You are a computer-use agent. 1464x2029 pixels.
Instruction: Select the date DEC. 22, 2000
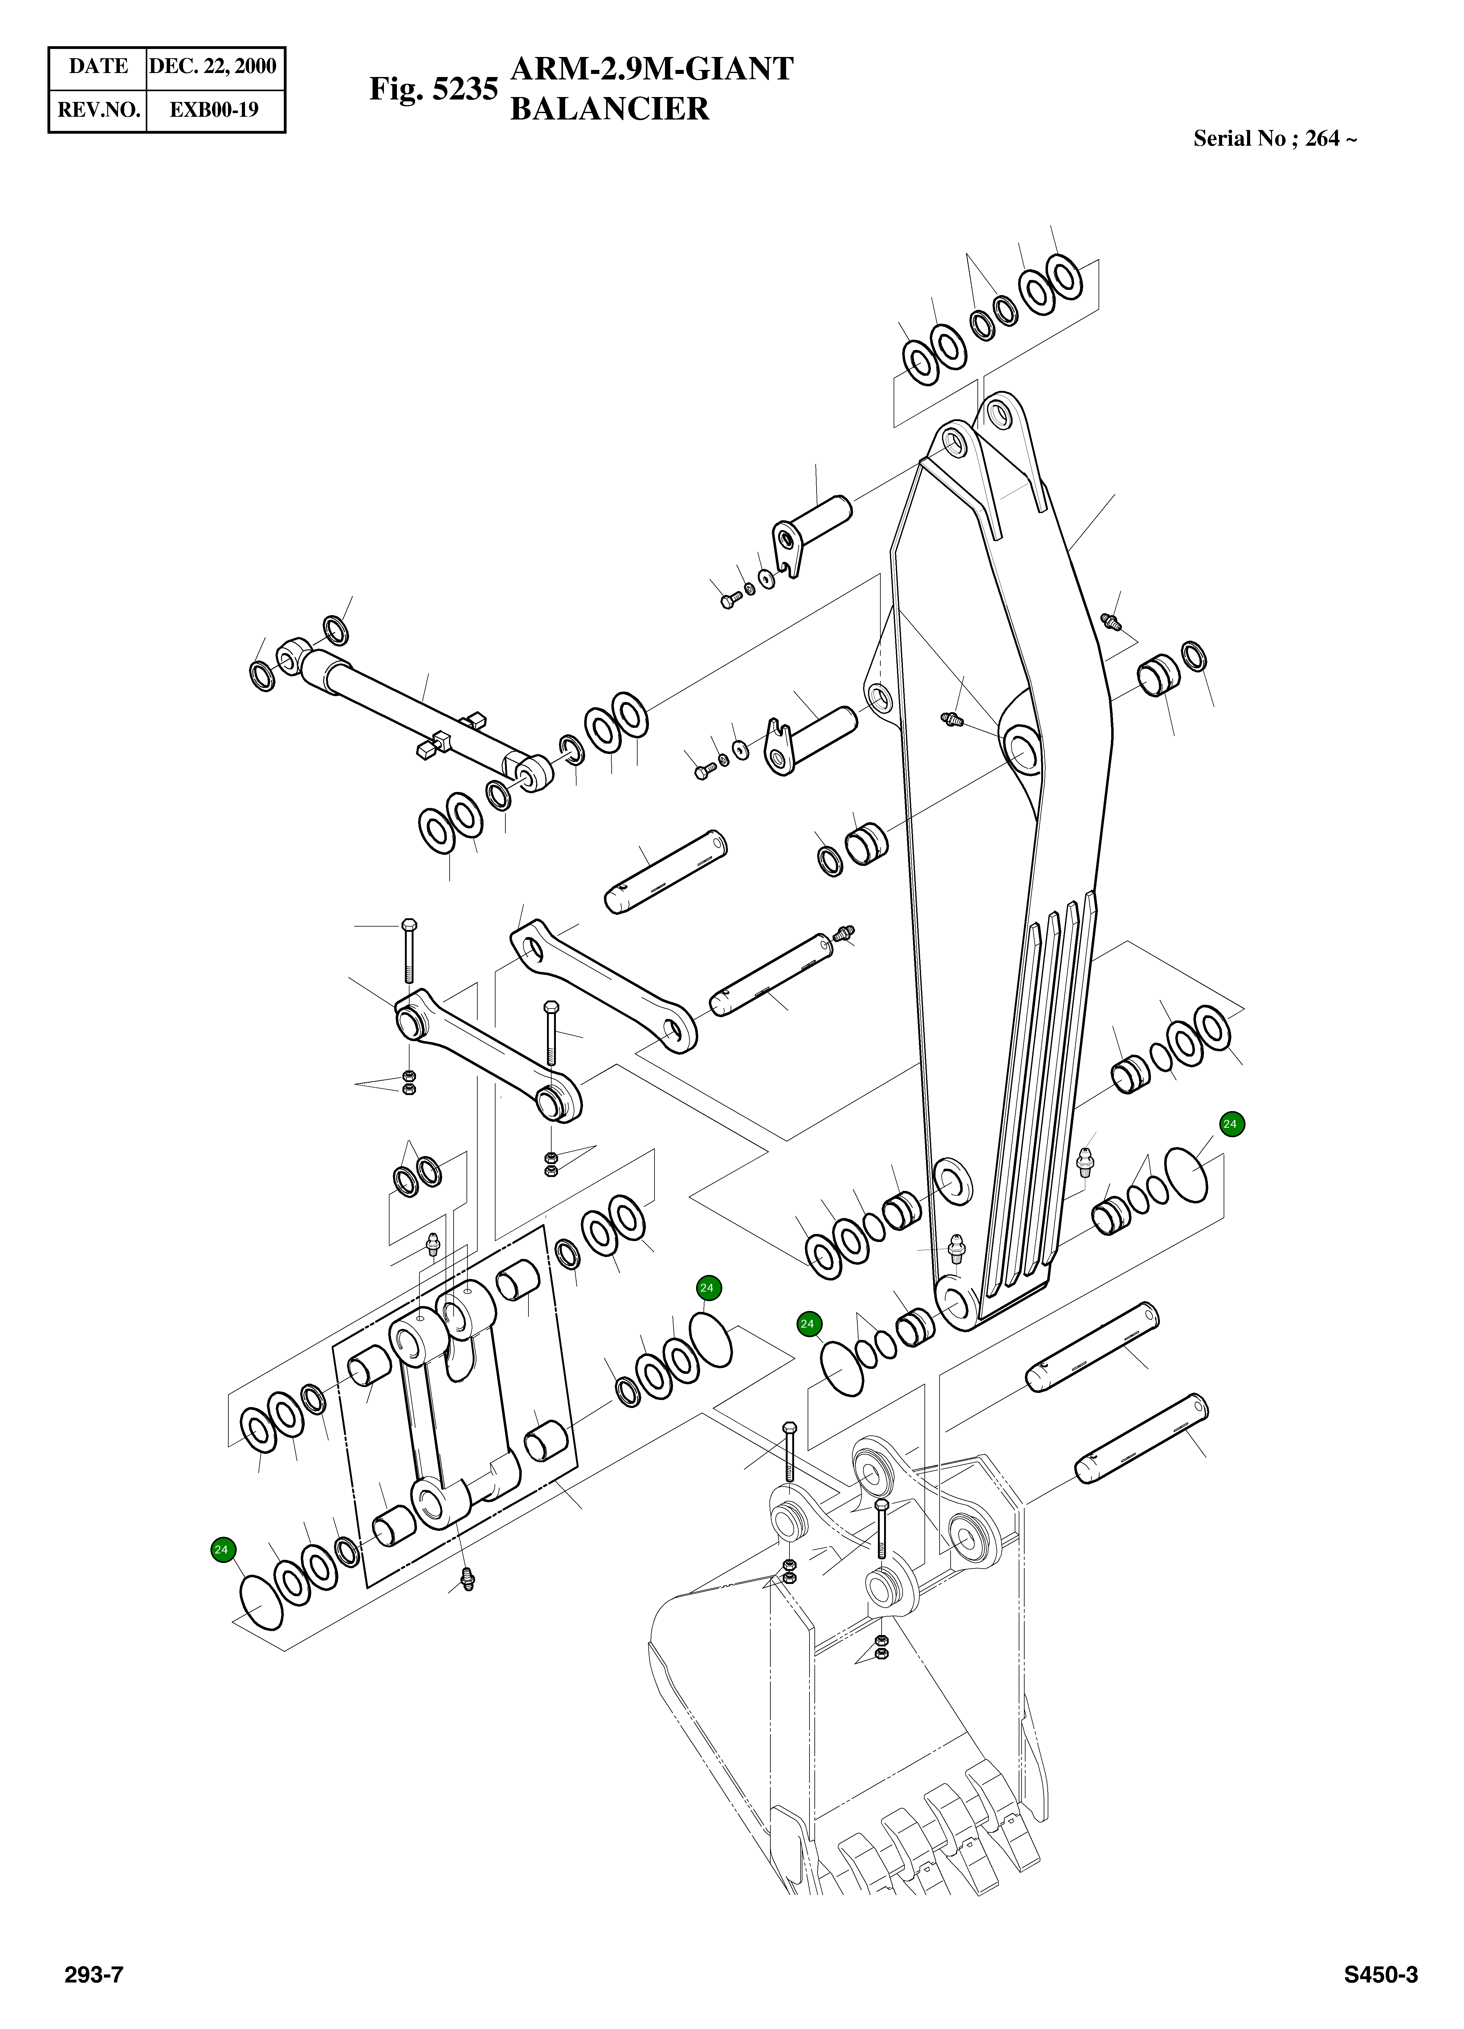tap(213, 66)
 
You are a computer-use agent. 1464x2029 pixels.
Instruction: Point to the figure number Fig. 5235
tap(433, 89)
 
